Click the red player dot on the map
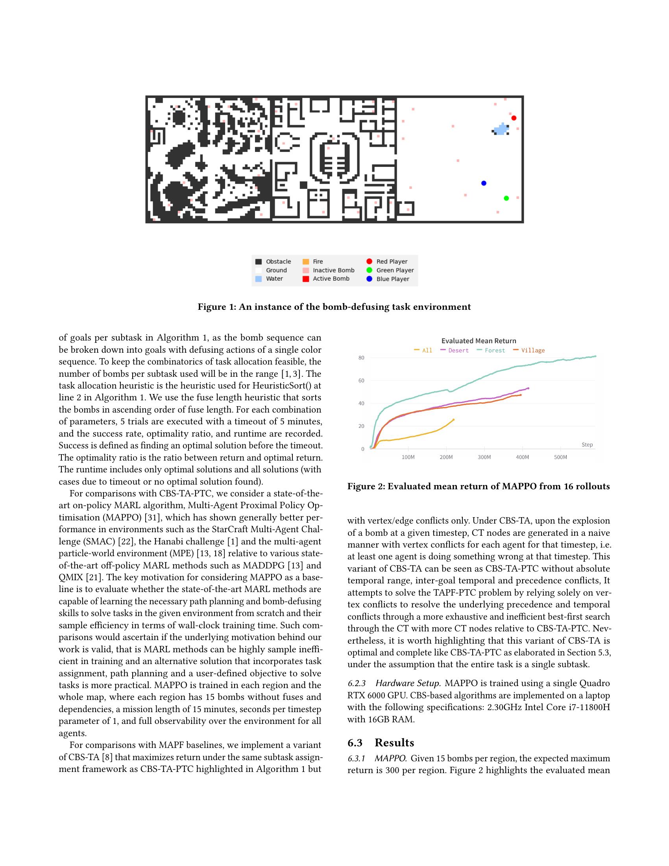[x=514, y=118]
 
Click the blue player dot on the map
[x=484, y=183]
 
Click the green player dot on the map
[x=506, y=198]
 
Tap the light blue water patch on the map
[x=501, y=130]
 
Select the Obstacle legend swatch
[x=259, y=262]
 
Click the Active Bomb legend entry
[x=331, y=279]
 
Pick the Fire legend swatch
[x=305, y=262]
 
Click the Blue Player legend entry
[x=392, y=279]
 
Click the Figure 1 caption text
[x=334, y=307]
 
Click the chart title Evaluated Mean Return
[x=479, y=341]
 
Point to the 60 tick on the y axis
[x=361, y=381]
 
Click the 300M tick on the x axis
[x=484, y=457]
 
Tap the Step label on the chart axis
[x=587, y=444]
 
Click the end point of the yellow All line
[x=453, y=420]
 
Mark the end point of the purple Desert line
[x=528, y=388]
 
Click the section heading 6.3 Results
[x=381, y=743]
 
